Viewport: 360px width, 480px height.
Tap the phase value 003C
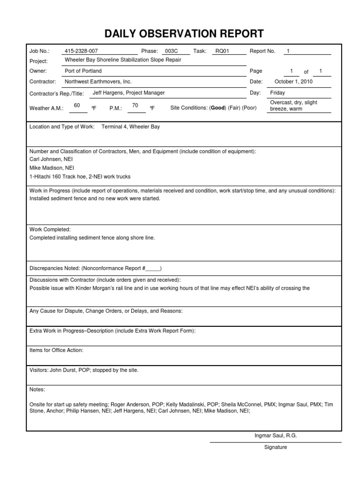(172, 51)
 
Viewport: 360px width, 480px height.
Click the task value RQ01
(222, 51)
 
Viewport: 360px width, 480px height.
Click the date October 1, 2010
(293, 81)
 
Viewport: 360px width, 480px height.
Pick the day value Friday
(277, 93)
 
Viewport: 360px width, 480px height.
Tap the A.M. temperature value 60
(77, 105)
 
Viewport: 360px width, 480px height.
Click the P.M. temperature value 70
(135, 105)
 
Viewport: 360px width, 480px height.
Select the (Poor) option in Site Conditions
(249, 108)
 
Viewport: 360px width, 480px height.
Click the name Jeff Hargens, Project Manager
(128, 93)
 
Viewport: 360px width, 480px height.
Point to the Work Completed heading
(50, 230)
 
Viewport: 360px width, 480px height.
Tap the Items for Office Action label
(57, 350)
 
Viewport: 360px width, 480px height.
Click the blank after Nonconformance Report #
(153, 269)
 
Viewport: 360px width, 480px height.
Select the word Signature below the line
(275, 447)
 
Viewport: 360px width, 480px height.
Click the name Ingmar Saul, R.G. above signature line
(276, 435)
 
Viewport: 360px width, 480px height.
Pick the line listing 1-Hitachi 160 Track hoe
(80, 177)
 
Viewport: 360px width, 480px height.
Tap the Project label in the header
(38, 61)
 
